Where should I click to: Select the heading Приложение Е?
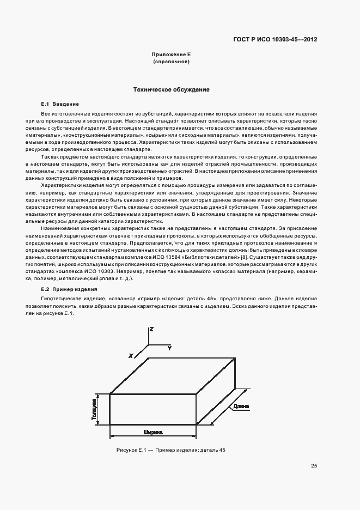pos(172,55)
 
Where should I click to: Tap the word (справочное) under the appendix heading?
pos(172,62)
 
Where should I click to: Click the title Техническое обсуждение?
pos(172,89)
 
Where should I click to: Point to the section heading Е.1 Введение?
pos(60,104)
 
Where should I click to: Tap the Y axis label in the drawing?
pos(169,347)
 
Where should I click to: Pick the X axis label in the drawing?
pos(131,355)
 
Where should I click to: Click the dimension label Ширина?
pos(153,432)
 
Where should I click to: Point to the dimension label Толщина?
pos(94,409)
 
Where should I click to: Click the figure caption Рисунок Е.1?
pos(170,450)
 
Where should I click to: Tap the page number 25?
pos(314,465)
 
